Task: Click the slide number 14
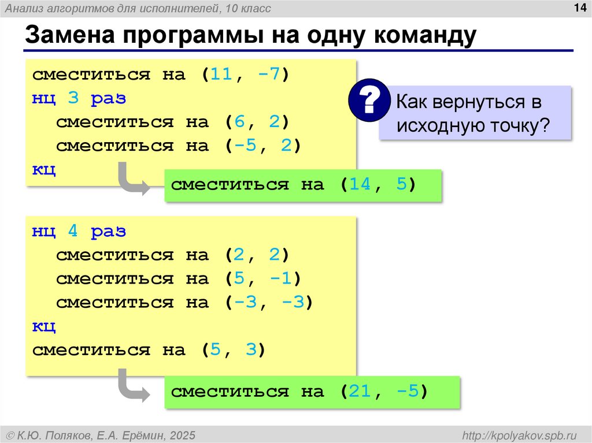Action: tap(578, 8)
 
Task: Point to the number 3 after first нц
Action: tap(73, 99)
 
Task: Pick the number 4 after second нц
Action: tap(73, 232)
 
